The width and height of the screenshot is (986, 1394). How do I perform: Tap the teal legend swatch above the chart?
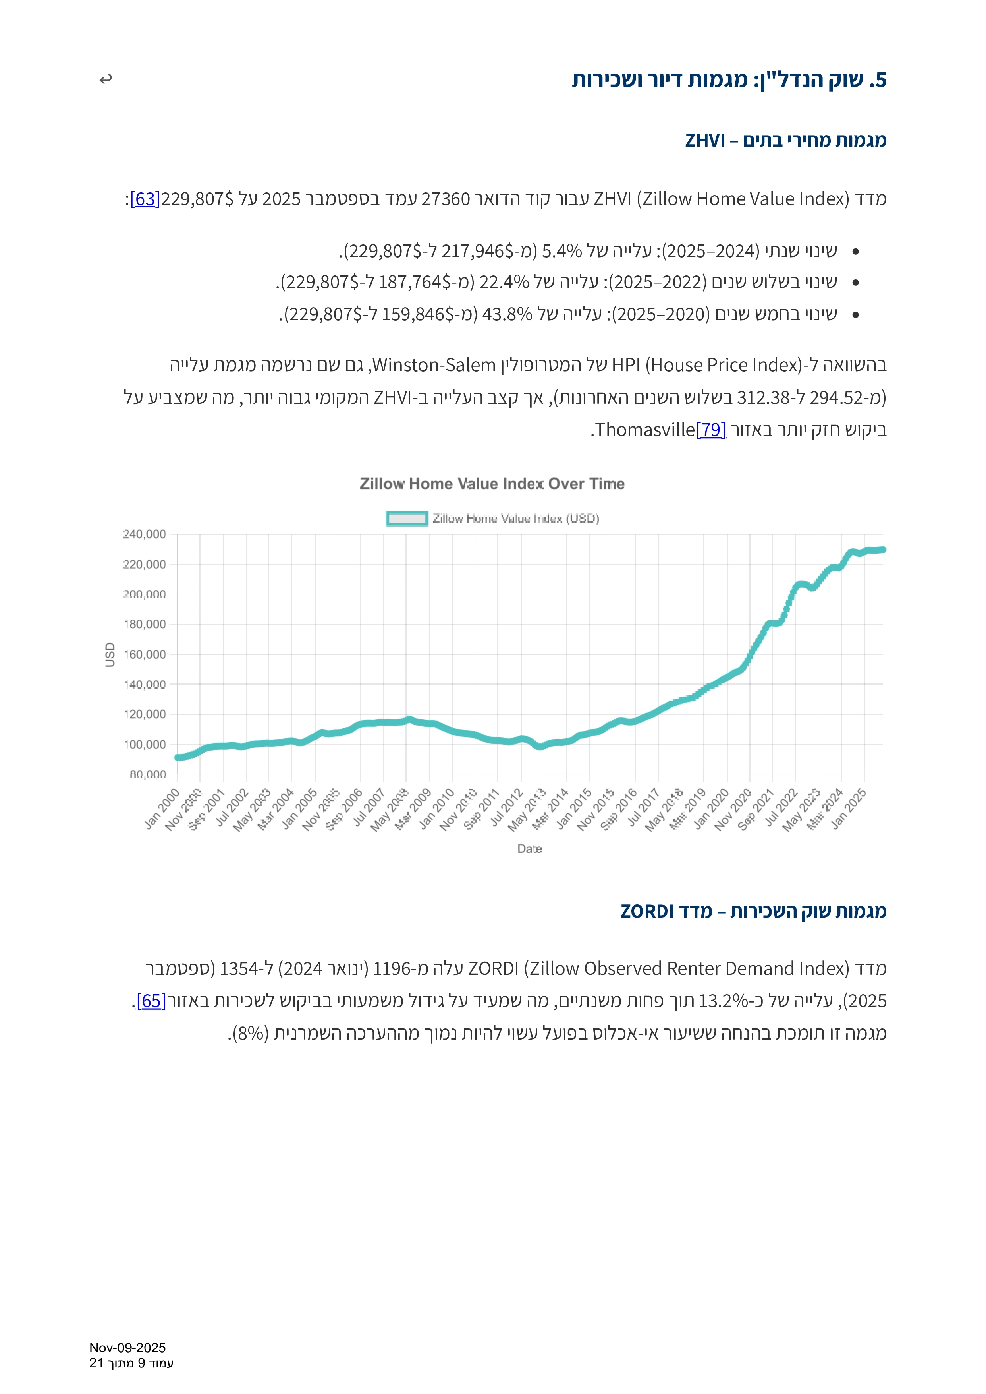click(x=407, y=519)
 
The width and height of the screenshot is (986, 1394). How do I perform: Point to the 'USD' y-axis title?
click(x=110, y=655)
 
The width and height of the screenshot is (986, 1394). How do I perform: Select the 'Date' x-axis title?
click(x=529, y=848)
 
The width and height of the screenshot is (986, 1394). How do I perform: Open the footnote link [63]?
click(x=145, y=199)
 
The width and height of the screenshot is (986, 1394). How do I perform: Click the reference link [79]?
click(x=710, y=430)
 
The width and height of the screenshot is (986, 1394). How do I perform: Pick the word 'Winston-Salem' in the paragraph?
click(x=434, y=365)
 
